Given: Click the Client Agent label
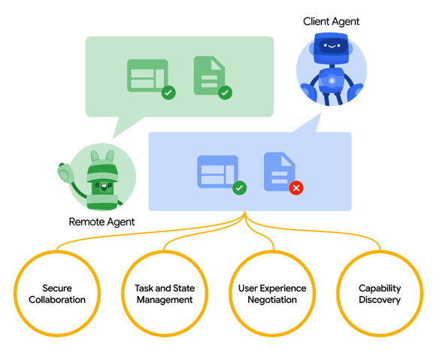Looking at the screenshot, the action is tap(331, 22).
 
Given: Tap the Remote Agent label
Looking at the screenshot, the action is tap(102, 222).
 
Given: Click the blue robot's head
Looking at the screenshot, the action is tap(332, 47).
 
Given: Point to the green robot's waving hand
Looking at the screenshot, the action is tap(64, 173).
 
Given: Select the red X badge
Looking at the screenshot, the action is tap(296, 188).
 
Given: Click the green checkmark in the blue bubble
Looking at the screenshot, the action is tap(239, 188).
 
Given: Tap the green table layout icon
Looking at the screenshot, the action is tap(147, 75).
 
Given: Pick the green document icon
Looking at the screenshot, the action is tap(209, 76).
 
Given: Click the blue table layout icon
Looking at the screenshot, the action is tap(217, 171).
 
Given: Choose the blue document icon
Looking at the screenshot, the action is tap(280, 171).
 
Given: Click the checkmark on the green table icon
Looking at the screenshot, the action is tap(168, 92).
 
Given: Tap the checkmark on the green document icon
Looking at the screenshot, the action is tap(225, 92).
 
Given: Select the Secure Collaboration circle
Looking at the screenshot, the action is tap(57, 252).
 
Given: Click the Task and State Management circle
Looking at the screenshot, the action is tap(165, 252).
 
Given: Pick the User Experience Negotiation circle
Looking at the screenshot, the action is tap(272, 252).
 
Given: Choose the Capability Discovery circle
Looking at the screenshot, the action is tap(380, 252).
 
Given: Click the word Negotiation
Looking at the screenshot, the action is tap(272, 300).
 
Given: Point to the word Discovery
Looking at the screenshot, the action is tap(380, 300).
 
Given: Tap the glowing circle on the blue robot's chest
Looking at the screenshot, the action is tap(332, 81).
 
